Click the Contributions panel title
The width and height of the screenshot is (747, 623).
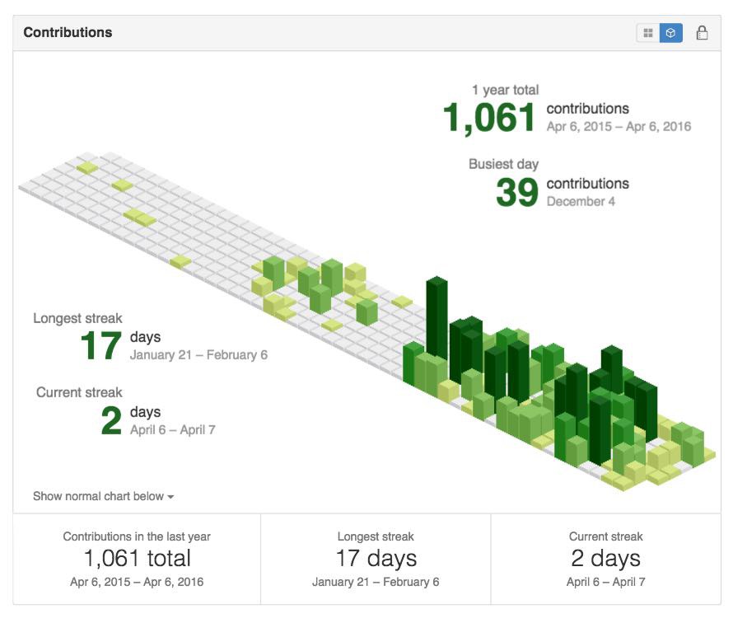pyautogui.click(x=68, y=32)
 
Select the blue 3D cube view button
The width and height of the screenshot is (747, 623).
pyautogui.click(x=670, y=33)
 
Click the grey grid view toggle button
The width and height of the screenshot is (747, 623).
pyautogui.click(x=648, y=33)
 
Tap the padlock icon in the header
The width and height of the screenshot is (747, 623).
pyautogui.click(x=702, y=33)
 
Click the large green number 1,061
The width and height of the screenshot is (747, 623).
pyautogui.click(x=489, y=118)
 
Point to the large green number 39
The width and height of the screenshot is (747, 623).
pyautogui.click(x=517, y=192)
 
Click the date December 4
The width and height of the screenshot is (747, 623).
pyautogui.click(x=581, y=202)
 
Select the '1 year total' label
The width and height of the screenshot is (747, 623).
pyautogui.click(x=505, y=90)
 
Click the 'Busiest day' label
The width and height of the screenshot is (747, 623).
pyautogui.click(x=503, y=164)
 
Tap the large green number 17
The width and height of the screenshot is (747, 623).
pyautogui.click(x=101, y=345)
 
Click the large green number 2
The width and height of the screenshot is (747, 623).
pyautogui.click(x=111, y=420)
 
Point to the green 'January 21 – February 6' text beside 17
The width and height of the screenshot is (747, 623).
pyautogui.click(x=198, y=355)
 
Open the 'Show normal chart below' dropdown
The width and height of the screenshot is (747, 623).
pyautogui.click(x=104, y=496)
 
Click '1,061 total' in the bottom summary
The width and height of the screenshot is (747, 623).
pyautogui.click(x=138, y=558)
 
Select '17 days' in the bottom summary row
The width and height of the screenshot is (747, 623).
pyautogui.click(x=376, y=558)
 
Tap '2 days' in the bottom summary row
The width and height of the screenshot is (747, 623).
pyautogui.click(x=605, y=558)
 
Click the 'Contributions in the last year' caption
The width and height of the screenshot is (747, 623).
pyautogui.click(x=137, y=536)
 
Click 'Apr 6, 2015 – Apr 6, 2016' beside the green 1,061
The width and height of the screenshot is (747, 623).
pyautogui.click(x=619, y=127)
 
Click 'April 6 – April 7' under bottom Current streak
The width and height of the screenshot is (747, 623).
pyautogui.click(x=605, y=582)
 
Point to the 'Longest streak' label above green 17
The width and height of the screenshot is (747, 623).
pyautogui.click(x=77, y=318)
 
